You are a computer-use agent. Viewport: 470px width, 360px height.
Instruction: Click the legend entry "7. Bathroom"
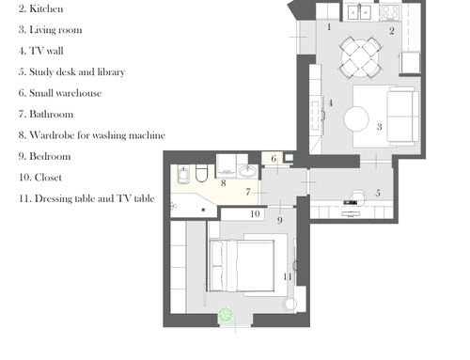pos(46,114)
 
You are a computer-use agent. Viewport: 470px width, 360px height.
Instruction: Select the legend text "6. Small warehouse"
pos(60,93)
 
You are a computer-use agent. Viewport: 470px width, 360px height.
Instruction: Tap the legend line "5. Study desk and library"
pos(71,71)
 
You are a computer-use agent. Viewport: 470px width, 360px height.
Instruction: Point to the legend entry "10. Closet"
pos(40,177)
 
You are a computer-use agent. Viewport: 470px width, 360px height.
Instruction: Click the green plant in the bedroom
pos(226,314)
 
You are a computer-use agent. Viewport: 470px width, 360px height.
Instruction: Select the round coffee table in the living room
pos(356,119)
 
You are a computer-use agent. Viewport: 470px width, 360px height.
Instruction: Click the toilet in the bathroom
pos(201,174)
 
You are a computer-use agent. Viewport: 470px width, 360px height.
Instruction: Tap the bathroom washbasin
pos(247,171)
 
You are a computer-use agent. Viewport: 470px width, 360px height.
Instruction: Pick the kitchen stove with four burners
pos(390,12)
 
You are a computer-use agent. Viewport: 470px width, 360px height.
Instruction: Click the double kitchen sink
pos(359,12)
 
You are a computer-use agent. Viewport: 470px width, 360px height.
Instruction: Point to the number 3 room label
pos(380,127)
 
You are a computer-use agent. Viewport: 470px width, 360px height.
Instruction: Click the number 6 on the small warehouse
pos(274,159)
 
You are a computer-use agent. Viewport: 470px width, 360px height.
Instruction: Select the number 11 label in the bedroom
pos(288,276)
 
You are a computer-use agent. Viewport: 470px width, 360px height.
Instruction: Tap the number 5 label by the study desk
pos(378,193)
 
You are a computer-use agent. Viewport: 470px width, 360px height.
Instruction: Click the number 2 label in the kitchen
pos(392,31)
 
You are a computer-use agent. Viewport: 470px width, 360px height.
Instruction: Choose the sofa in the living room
pos(403,116)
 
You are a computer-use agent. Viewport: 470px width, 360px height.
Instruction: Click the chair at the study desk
pos(358,195)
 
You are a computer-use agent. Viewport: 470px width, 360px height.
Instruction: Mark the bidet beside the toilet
pos(183,174)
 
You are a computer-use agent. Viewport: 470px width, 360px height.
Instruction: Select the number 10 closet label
pos(255,213)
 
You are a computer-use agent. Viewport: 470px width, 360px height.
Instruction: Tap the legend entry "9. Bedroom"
pos(44,156)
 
